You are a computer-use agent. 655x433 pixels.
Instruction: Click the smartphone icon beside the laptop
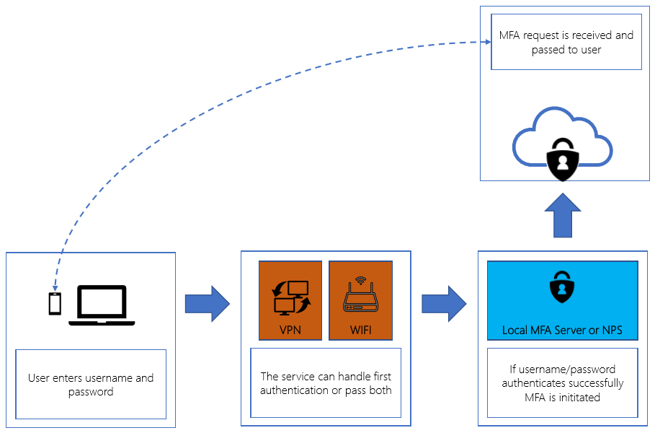(x=55, y=304)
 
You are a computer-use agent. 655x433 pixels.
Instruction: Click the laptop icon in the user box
(x=102, y=305)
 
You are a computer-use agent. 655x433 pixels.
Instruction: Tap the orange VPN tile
(x=290, y=300)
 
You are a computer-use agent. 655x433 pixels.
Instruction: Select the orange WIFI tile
(x=360, y=300)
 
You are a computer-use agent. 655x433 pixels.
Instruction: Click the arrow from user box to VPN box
(x=207, y=304)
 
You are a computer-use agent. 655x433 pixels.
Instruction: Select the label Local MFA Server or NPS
(x=562, y=331)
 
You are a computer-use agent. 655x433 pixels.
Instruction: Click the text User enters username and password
(x=91, y=385)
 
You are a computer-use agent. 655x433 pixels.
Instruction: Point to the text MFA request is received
(x=566, y=35)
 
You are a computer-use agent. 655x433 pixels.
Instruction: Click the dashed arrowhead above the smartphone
(x=55, y=287)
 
